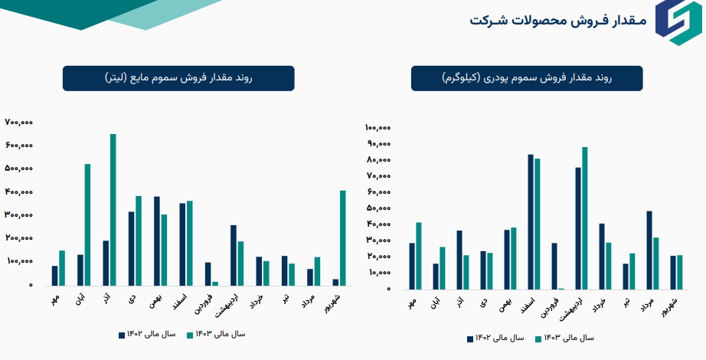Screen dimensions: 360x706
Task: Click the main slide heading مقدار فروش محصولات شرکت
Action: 557,21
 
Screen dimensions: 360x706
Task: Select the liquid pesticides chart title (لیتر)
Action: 178,78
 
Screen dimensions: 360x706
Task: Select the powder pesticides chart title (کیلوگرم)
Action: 528,78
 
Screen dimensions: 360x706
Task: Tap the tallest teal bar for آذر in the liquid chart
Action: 113,209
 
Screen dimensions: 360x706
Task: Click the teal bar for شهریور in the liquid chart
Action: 343,237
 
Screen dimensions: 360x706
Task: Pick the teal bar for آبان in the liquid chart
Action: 87,224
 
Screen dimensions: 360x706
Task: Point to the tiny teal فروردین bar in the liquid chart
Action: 215,283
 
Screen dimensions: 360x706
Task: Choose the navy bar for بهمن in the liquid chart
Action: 157,241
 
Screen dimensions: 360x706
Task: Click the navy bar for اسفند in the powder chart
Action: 530,221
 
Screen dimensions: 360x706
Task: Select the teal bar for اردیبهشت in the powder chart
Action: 585,218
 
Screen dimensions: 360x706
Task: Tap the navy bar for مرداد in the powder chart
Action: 650,250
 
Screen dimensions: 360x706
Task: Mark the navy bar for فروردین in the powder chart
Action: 554,266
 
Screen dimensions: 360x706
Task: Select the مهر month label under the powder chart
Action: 413,303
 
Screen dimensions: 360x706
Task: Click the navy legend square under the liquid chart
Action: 122,335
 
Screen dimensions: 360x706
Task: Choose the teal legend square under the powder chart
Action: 538,338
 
